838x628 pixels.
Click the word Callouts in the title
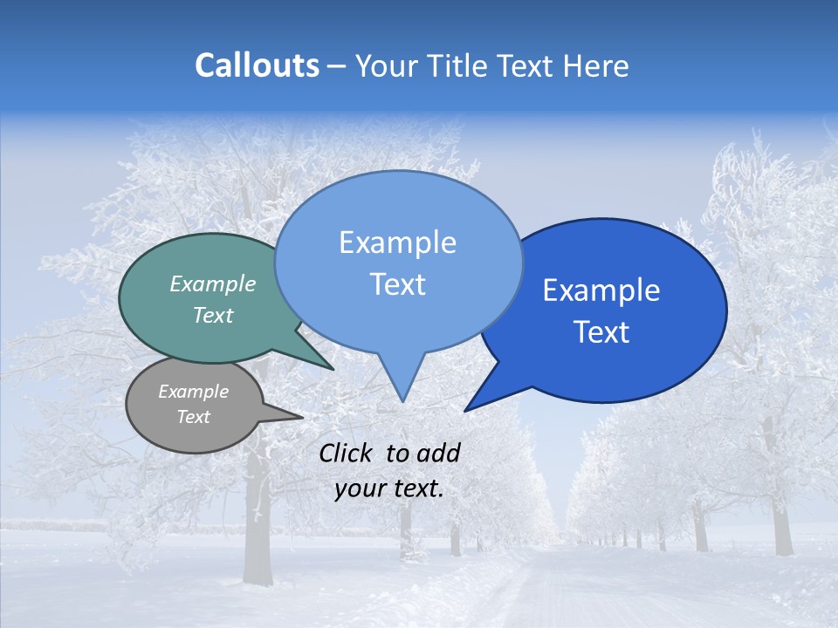(257, 65)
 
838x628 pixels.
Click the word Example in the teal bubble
(213, 283)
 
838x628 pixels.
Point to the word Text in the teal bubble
(213, 315)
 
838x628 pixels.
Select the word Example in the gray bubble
(193, 392)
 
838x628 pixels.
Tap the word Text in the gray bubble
(193, 417)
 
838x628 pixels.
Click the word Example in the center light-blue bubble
(397, 242)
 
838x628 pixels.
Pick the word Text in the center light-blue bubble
(397, 284)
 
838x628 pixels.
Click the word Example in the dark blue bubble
(601, 290)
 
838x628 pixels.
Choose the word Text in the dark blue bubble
(602, 332)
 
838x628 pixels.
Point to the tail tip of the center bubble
(402, 399)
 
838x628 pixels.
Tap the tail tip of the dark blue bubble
(467, 409)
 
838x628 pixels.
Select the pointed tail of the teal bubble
(331, 367)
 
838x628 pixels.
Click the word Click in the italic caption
(347, 453)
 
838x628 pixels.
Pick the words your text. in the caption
(389, 488)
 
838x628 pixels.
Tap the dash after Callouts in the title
(337, 66)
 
